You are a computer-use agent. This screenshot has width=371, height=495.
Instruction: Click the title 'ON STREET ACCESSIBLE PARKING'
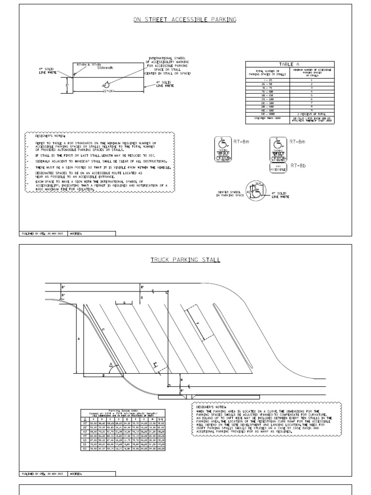tap(185, 20)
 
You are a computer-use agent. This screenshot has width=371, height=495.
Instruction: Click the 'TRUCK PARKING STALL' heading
tap(185, 260)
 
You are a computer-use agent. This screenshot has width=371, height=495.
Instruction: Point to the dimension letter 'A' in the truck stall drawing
tap(78, 339)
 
